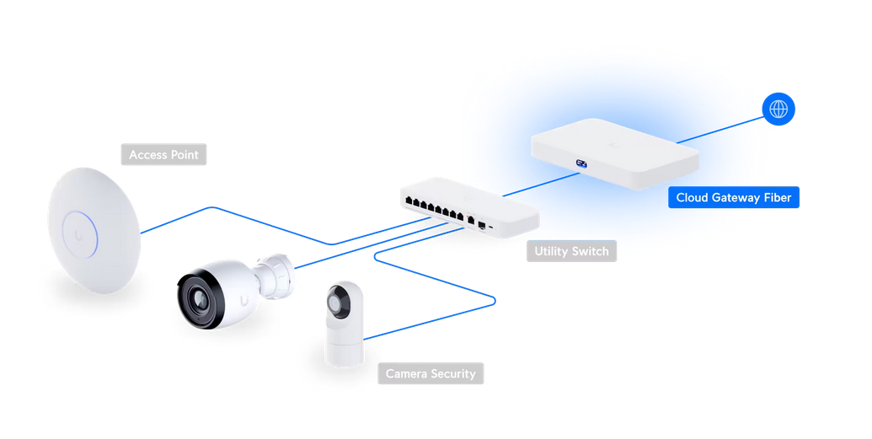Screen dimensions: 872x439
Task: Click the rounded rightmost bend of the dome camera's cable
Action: (x=495, y=302)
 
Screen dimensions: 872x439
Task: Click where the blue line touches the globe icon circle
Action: (x=764, y=117)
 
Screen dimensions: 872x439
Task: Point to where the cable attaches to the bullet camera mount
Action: (x=294, y=268)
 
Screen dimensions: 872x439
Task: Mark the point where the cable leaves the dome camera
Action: (x=364, y=338)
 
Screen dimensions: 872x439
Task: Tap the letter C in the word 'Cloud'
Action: (x=681, y=197)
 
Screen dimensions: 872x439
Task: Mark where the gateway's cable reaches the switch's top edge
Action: (x=503, y=195)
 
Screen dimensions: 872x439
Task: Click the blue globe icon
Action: (x=778, y=109)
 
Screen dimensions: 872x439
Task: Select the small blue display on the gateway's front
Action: (x=581, y=163)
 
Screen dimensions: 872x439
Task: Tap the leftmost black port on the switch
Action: (x=409, y=201)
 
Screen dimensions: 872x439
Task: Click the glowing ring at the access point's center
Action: (x=80, y=235)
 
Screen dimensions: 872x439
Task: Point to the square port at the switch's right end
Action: (x=482, y=226)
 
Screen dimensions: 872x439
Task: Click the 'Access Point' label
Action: (x=163, y=155)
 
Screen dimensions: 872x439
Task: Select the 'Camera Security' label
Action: (x=431, y=373)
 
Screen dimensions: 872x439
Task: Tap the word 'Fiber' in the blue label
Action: (x=777, y=197)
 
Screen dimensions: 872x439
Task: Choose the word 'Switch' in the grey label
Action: (x=589, y=251)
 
